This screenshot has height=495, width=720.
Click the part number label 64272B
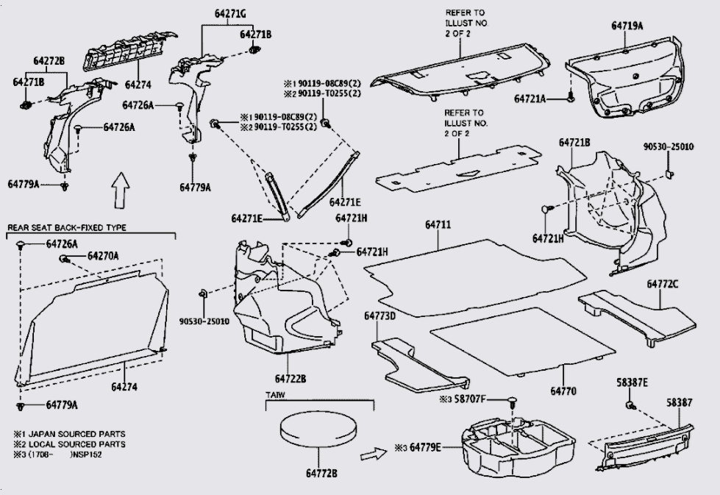pos(49,60)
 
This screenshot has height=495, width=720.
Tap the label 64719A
pos(627,26)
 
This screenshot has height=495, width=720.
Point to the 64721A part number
pos(530,98)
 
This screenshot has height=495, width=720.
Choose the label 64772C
pos(663,283)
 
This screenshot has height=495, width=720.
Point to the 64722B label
pos(291,379)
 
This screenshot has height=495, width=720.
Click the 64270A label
pos(103,256)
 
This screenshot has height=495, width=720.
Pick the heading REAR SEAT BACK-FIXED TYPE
pos(66,228)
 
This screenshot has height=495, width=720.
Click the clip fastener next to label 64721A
pos(570,96)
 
